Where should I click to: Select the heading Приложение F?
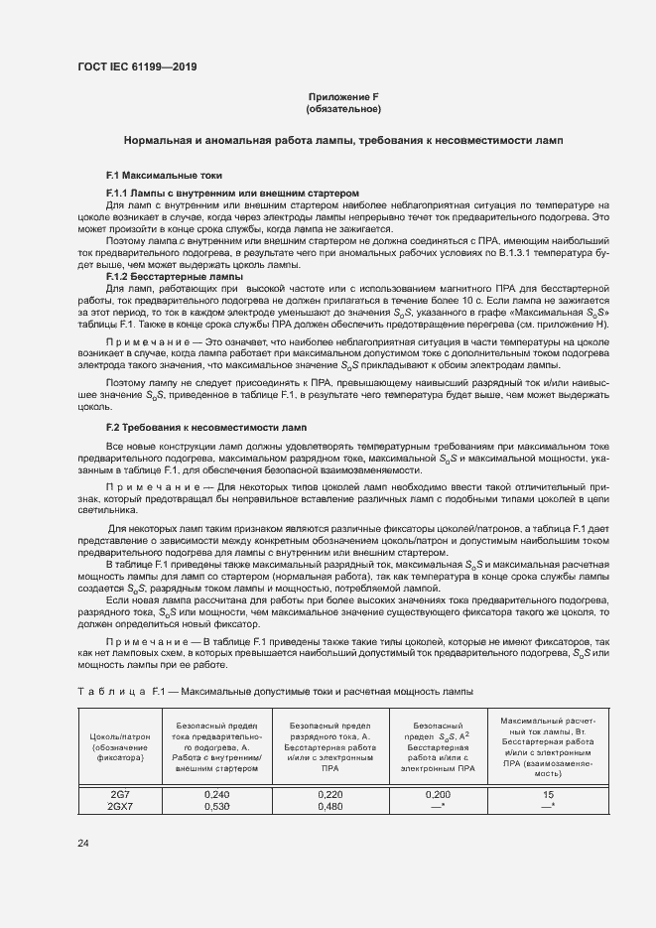tap(343, 96)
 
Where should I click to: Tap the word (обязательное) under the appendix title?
tap(343, 108)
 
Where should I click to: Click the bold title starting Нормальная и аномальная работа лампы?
tap(343, 142)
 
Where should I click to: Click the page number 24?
tap(82, 843)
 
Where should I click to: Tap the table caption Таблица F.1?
tap(274, 690)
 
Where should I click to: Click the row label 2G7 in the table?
tap(120, 795)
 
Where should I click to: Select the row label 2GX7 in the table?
tap(120, 807)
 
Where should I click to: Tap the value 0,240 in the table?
tap(215, 795)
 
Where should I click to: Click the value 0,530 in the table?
tap(215, 807)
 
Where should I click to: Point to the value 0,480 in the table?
tap(329, 807)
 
